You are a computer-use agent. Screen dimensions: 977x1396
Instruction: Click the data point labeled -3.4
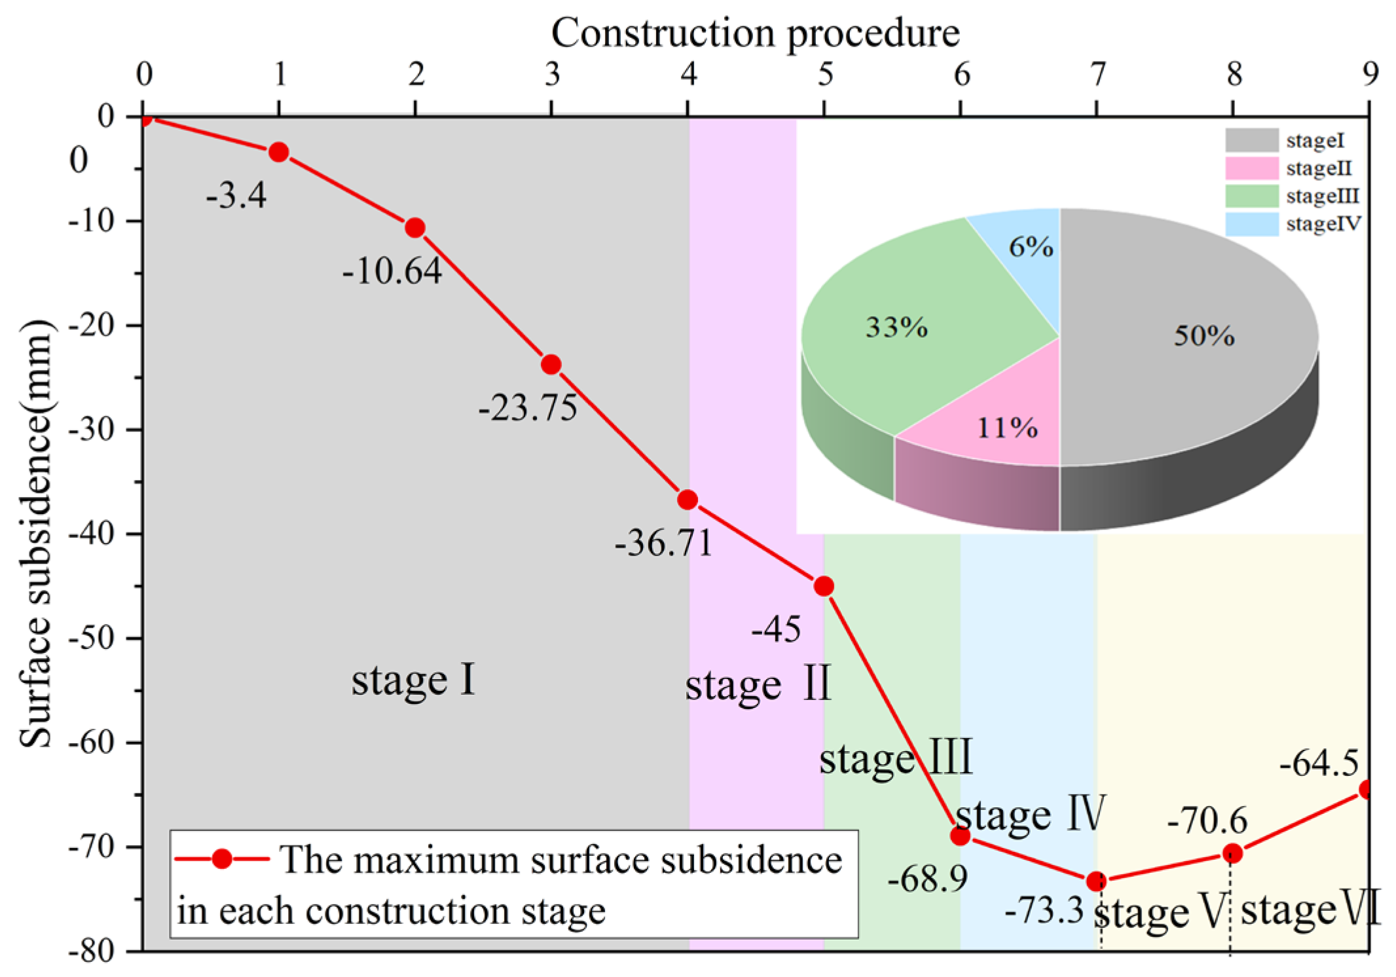point(279,153)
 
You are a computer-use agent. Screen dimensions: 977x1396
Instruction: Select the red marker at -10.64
point(415,228)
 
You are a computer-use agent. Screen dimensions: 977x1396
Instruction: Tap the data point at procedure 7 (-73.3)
point(1096,881)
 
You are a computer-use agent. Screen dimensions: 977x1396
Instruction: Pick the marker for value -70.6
point(1232,853)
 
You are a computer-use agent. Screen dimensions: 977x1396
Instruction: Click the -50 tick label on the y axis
point(92,638)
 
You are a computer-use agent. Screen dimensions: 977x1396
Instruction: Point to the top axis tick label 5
point(825,74)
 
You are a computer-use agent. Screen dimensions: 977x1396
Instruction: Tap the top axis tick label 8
point(1234,74)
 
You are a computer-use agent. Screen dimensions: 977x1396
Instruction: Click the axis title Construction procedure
point(755,33)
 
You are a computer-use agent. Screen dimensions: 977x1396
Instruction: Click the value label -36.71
point(663,543)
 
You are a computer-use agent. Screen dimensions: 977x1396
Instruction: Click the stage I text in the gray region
point(413,681)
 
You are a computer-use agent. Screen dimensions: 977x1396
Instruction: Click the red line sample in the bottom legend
point(222,858)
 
